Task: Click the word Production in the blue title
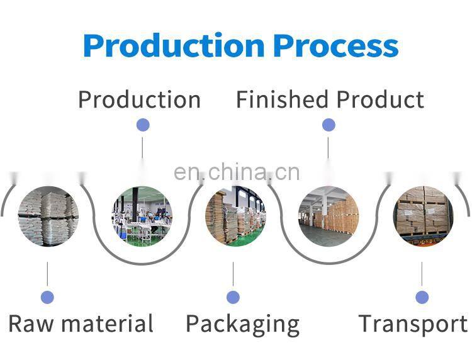(x=173, y=45)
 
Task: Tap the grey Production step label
(x=139, y=99)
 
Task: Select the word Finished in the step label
(x=282, y=99)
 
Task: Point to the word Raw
(x=31, y=324)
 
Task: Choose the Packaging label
(x=242, y=325)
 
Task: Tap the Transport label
(x=413, y=324)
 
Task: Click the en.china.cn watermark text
(x=237, y=172)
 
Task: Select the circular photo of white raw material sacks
(x=48, y=217)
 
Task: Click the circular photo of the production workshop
(x=142, y=216)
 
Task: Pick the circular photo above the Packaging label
(x=235, y=216)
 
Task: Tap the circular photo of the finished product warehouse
(x=329, y=216)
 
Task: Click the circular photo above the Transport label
(x=423, y=216)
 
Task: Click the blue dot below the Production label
(x=143, y=125)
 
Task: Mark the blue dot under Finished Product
(x=329, y=125)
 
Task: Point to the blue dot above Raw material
(x=47, y=297)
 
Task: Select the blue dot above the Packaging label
(x=233, y=297)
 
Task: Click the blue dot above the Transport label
(x=422, y=297)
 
